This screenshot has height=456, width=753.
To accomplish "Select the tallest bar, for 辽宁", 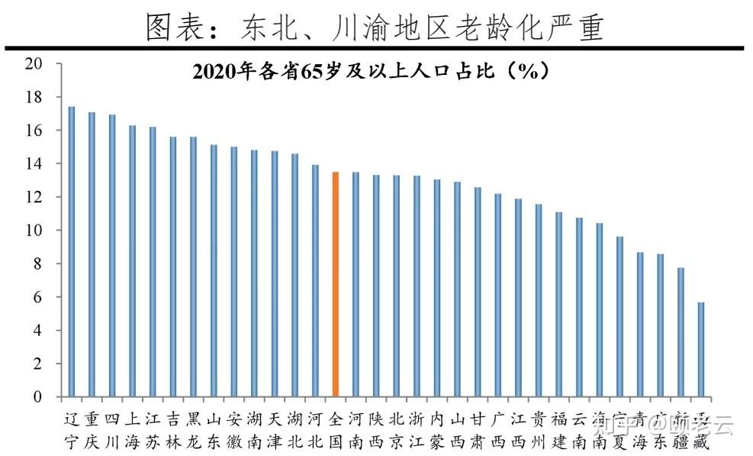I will point(71,252).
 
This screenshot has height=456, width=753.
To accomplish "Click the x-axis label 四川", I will point(112,430).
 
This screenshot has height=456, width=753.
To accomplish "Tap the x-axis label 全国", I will point(335,430).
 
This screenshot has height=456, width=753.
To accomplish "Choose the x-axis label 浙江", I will point(417,430).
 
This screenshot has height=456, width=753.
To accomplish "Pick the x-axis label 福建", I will point(558,430).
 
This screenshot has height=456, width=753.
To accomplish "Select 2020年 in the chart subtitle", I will point(216,73).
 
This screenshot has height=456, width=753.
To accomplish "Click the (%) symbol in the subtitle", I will point(524,72).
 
